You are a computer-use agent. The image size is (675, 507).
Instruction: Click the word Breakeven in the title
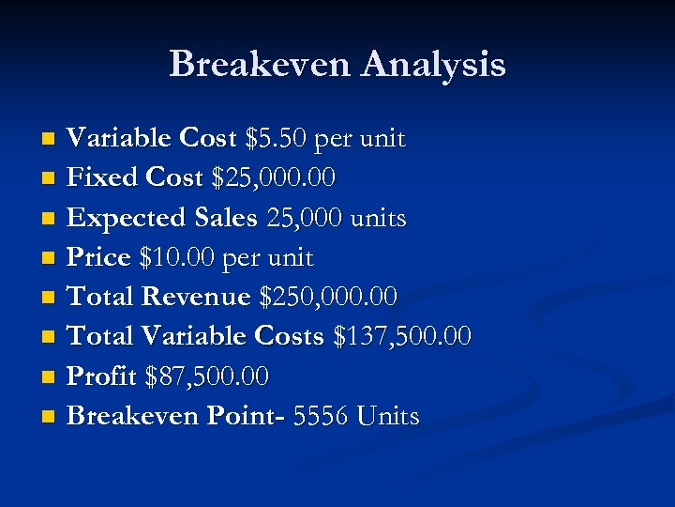pos(260,64)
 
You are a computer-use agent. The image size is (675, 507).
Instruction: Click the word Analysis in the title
pos(433,64)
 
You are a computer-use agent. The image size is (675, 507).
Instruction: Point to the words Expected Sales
pos(162,218)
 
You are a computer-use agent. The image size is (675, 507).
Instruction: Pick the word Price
pos(99,257)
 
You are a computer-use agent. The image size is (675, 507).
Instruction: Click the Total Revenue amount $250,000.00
pos(328,297)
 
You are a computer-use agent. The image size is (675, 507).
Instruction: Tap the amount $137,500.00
pos(402,336)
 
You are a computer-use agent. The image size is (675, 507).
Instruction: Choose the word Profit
pos(103,376)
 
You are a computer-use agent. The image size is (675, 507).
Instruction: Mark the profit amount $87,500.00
pos(207,376)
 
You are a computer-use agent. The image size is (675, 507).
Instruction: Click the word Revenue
pos(196,297)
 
